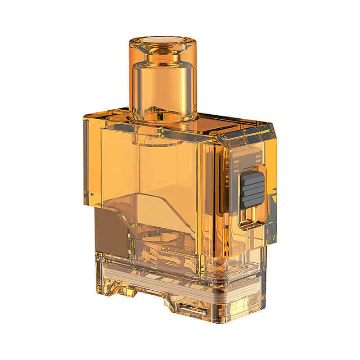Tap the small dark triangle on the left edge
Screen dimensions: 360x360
point(93,194)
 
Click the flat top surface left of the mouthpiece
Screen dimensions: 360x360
point(108,112)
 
